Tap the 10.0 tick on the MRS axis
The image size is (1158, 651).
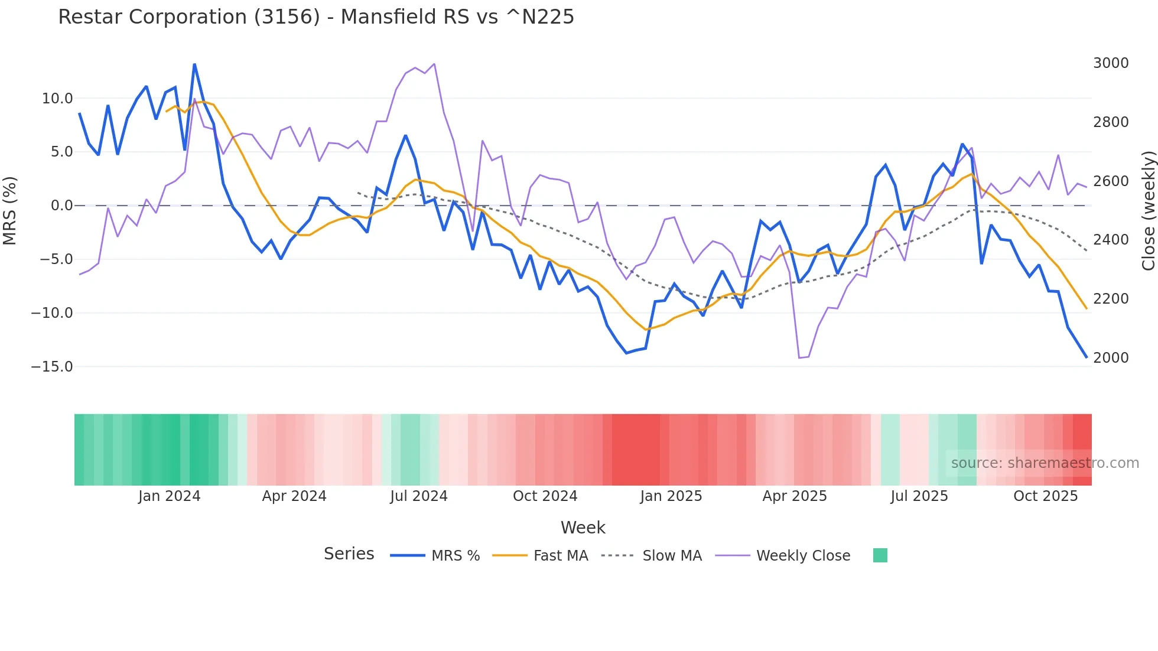pyautogui.click(x=57, y=99)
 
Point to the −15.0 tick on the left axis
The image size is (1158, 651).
pyautogui.click(x=52, y=367)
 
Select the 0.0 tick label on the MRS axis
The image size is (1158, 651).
pyautogui.click(x=61, y=206)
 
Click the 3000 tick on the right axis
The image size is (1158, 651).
pyautogui.click(x=1111, y=63)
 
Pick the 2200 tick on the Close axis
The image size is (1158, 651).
pyautogui.click(x=1111, y=299)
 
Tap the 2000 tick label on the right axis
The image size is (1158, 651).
pyautogui.click(x=1111, y=358)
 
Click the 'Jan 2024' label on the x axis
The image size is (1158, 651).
pyautogui.click(x=170, y=496)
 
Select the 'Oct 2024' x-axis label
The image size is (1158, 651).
pyautogui.click(x=545, y=496)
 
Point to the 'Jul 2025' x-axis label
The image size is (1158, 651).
pyautogui.click(x=919, y=496)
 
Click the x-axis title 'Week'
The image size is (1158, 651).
pyautogui.click(x=583, y=528)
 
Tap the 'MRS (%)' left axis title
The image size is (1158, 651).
pyautogui.click(x=10, y=211)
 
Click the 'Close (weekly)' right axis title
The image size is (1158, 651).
pyautogui.click(x=1148, y=211)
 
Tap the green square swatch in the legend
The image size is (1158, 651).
pyautogui.click(x=880, y=555)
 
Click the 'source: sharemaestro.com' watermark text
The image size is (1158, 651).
pyautogui.click(x=1045, y=463)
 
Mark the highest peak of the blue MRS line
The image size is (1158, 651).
pyautogui.click(x=194, y=64)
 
